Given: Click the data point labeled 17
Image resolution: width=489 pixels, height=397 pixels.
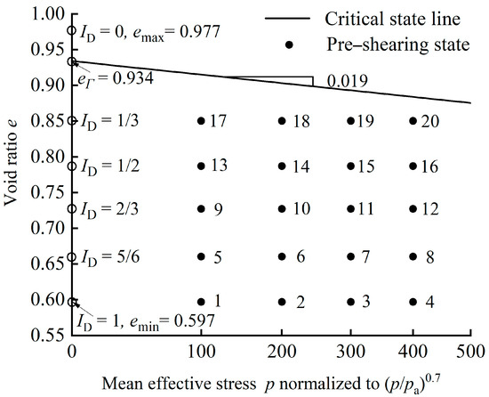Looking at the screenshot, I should [201, 120].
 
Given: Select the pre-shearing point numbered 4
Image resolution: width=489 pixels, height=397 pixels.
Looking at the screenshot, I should [413, 302].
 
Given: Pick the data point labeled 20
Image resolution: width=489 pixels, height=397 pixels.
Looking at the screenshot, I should [413, 120].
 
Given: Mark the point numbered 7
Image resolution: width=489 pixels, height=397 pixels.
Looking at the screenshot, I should [350, 256].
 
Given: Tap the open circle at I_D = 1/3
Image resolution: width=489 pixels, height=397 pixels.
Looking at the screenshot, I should [72, 120].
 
